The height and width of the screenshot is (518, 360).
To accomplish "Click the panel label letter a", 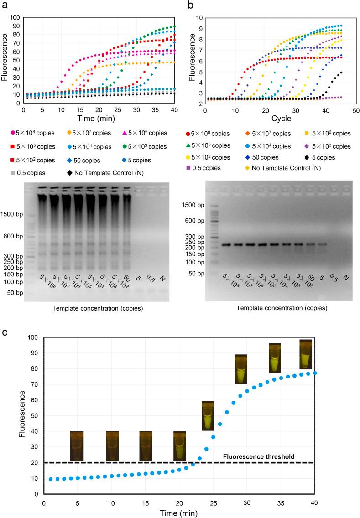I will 4,5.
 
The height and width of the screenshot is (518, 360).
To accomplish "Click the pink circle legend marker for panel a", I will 11,133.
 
